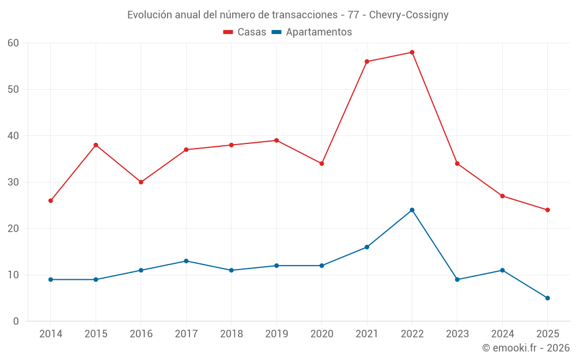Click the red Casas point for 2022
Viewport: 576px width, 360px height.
click(412, 52)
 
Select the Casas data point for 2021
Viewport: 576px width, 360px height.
click(367, 62)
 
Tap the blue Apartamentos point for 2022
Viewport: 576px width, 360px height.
click(412, 210)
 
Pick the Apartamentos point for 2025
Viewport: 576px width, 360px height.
click(548, 298)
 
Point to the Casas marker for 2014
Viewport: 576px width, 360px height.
click(51, 200)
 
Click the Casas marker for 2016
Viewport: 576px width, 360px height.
click(141, 182)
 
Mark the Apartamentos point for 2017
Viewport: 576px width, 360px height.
click(186, 261)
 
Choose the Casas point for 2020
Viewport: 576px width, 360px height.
click(321, 164)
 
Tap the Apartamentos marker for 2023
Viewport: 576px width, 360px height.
click(457, 279)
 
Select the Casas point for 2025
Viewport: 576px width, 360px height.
click(548, 210)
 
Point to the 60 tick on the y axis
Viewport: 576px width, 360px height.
click(14, 43)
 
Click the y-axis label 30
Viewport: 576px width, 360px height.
click(14, 182)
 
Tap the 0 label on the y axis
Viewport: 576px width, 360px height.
click(16, 321)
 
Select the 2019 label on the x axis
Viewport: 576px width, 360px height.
click(276, 334)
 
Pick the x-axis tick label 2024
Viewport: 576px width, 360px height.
click(502, 334)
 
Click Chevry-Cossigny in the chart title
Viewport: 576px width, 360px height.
click(409, 15)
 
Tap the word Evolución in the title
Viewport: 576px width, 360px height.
click(149, 15)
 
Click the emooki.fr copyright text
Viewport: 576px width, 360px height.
click(526, 348)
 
